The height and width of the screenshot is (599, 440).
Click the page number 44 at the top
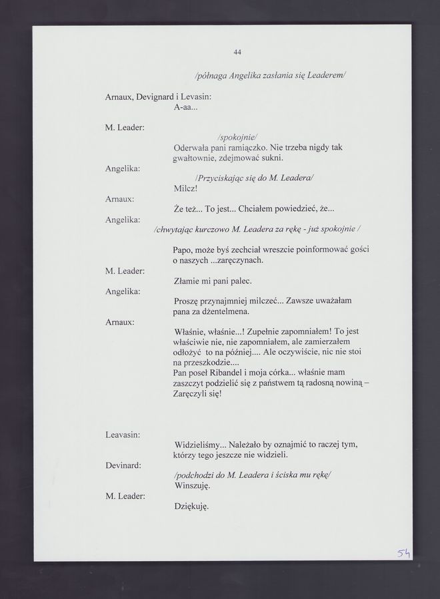tap(237, 53)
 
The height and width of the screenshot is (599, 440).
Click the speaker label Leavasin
tap(122, 435)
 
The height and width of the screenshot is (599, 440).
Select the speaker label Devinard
tap(123, 465)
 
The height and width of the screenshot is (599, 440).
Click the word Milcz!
tap(185, 188)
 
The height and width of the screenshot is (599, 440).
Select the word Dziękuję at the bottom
tap(191, 506)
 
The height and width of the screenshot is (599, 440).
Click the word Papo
tap(183, 250)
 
